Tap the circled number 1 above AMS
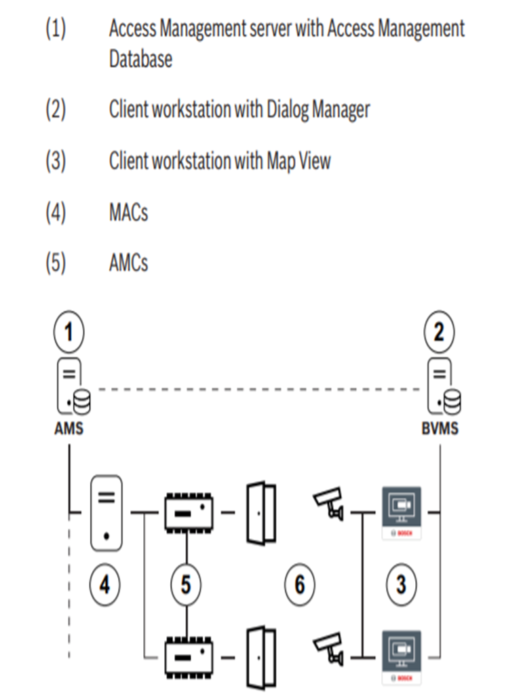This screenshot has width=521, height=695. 69,332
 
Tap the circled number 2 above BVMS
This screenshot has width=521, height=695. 439,332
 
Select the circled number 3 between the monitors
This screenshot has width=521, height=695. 401,584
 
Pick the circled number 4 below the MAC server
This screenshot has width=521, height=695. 104,584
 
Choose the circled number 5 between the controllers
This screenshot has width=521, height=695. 186,584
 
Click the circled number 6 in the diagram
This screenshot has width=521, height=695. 299,584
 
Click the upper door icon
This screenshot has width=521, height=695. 261,513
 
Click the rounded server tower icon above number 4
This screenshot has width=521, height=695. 106,513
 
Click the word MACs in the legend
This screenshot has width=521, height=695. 128,213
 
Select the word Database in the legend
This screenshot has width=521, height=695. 140,59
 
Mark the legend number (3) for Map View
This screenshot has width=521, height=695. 56,162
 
